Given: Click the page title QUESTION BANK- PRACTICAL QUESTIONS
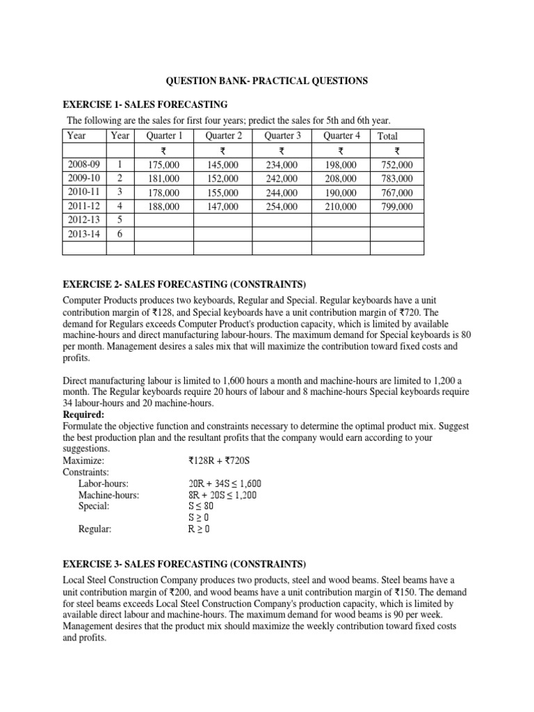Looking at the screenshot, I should pyautogui.click(x=266, y=81).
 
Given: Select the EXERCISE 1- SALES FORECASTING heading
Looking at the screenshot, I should pyautogui.click(x=145, y=104).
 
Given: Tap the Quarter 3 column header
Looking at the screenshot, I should pyautogui.click(x=282, y=136).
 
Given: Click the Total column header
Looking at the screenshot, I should pyautogui.click(x=387, y=136).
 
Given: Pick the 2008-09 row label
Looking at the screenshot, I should pyautogui.click(x=85, y=165).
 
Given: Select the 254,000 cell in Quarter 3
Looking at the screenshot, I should pyautogui.click(x=282, y=207).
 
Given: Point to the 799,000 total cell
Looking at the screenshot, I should pyautogui.click(x=397, y=207).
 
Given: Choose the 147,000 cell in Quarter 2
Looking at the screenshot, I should pyautogui.click(x=222, y=207).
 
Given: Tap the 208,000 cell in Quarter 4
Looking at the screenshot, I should pyautogui.click(x=341, y=179).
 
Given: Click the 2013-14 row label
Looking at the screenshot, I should pyautogui.click(x=85, y=234).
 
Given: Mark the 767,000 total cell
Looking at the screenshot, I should pyautogui.click(x=397, y=193).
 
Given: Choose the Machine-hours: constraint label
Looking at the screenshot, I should pyautogui.click(x=108, y=495).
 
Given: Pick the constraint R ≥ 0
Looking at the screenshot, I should pyautogui.click(x=198, y=529).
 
